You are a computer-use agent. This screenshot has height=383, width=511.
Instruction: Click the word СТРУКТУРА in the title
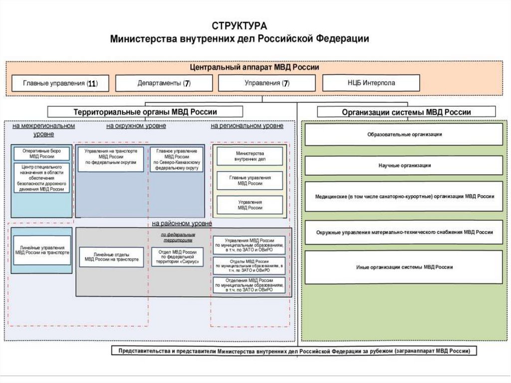[x=240, y=26]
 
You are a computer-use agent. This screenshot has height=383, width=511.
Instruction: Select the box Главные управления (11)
[x=59, y=83]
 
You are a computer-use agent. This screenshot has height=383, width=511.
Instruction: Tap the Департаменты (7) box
[x=164, y=83]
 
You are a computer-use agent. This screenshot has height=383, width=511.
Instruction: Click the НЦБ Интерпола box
[x=371, y=83]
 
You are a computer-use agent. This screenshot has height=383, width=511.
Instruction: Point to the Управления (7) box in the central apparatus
[x=266, y=83]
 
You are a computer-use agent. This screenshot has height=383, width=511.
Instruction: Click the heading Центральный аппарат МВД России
[x=255, y=67]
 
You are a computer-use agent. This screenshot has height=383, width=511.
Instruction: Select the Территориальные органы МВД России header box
[x=145, y=112]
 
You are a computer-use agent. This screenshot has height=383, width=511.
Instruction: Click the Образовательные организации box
[x=404, y=134]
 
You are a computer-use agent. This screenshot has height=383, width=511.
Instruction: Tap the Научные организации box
[x=404, y=165]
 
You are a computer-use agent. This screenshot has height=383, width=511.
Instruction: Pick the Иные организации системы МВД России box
[x=404, y=267]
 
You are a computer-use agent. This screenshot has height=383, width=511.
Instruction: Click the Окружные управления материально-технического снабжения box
[x=404, y=232]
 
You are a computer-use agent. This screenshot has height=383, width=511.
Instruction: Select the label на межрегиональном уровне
[x=44, y=130]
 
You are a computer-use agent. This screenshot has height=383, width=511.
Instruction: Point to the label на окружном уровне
[x=136, y=126]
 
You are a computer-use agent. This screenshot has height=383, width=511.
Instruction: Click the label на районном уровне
[x=182, y=223]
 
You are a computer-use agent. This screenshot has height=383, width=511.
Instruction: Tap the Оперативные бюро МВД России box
[x=41, y=153]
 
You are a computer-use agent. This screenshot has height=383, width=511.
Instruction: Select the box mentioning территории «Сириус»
[x=177, y=257]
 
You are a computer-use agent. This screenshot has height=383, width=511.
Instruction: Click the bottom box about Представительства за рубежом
[x=294, y=351]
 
